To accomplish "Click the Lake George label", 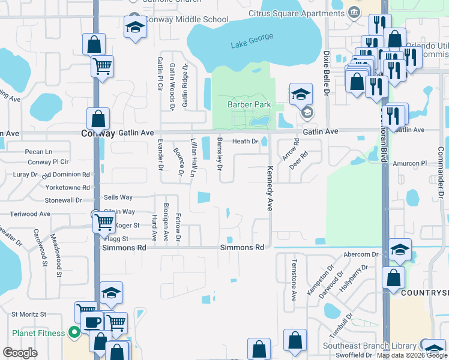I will [252, 41].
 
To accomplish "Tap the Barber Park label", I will [249, 104].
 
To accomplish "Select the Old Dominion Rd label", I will [66, 175].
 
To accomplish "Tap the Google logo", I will [20, 352].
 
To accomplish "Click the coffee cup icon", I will [92, 322].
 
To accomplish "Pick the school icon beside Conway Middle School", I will [135, 27].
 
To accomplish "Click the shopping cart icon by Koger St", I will [104, 223].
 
